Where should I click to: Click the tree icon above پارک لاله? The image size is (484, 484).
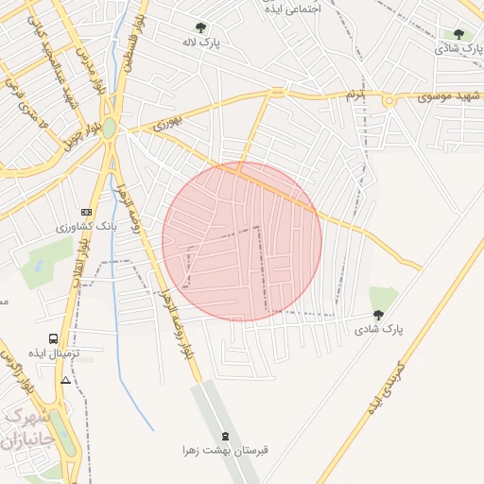coord(199,28)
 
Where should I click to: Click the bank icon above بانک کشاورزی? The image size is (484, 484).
coord(87,212)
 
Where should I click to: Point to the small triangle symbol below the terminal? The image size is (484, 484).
coord(65,380)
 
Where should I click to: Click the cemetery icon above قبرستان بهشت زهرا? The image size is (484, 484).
coord(225,436)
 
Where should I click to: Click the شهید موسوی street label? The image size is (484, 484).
coord(449,96)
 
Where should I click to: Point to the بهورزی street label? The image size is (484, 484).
coord(166,121)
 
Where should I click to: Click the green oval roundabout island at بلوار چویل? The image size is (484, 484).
coord(110,128)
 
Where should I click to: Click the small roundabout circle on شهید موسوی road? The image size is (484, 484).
coord(387,98)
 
